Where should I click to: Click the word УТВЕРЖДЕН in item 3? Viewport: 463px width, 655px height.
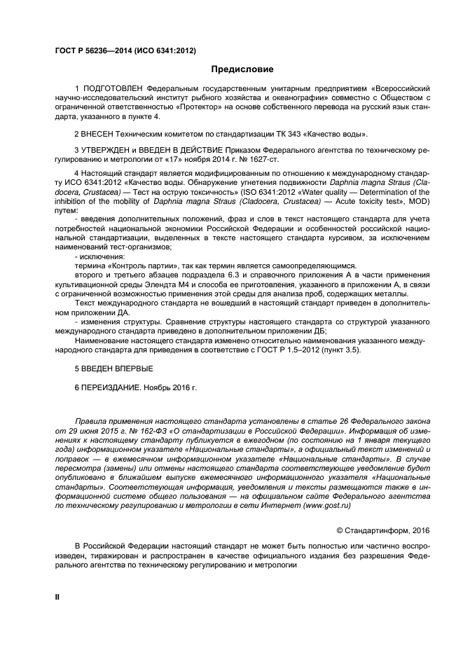[111, 150]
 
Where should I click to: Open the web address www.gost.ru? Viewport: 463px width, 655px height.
[326, 504]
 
